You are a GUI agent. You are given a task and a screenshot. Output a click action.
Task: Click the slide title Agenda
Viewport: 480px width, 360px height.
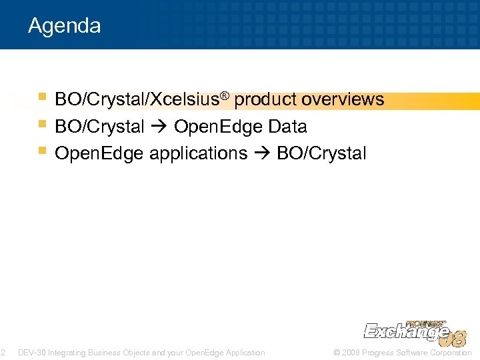pyautogui.click(x=65, y=26)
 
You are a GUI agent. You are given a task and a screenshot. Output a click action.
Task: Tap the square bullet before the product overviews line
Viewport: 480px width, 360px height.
pyautogui.click(x=43, y=98)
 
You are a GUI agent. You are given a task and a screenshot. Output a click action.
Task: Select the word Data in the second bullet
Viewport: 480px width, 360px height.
pyautogui.click(x=287, y=127)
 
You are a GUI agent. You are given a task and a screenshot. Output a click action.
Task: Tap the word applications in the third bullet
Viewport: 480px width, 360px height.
pyautogui.click(x=198, y=153)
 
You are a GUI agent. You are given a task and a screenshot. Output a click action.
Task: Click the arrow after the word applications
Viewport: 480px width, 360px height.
pyautogui.click(x=262, y=153)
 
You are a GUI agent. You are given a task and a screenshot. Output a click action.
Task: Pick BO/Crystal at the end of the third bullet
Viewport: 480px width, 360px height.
pyautogui.click(x=321, y=153)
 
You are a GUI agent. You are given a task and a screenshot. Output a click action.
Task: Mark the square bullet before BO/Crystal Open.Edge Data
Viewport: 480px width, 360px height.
pyautogui.click(x=43, y=125)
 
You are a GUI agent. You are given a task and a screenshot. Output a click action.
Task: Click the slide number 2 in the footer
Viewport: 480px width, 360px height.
pyautogui.click(x=3, y=353)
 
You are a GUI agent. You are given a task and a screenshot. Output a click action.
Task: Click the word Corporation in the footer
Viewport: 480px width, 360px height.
pyautogui.click(x=451, y=353)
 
